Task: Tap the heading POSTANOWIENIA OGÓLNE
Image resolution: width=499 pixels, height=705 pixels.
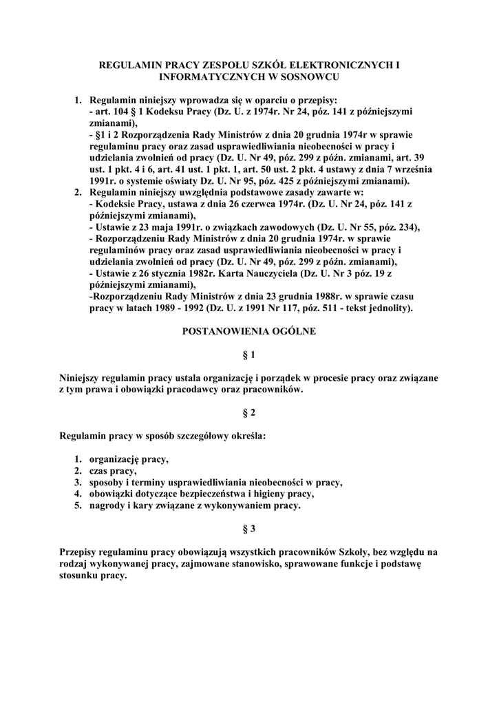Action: [248, 331]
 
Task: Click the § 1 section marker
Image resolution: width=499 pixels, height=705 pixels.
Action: [249, 355]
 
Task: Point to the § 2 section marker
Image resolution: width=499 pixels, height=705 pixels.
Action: [249, 412]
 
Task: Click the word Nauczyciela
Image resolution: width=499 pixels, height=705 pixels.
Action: [261, 274]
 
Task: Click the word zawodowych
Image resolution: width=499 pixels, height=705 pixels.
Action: [259, 228]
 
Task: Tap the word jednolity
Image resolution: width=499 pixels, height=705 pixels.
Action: [389, 308]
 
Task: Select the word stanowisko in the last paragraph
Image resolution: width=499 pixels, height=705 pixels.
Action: [255, 564]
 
